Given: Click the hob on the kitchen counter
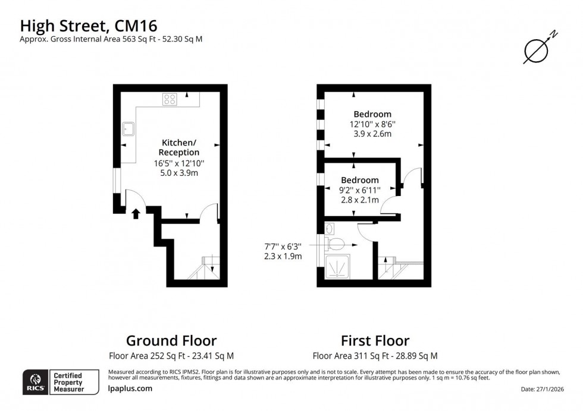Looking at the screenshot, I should click(x=170, y=99).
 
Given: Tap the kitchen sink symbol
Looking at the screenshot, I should click(x=127, y=129).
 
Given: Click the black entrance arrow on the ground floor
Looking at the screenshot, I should click(x=136, y=213).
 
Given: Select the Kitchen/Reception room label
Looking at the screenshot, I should click(x=178, y=147).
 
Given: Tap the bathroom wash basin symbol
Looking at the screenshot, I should click(x=330, y=227).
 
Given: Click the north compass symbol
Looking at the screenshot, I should click(x=536, y=50).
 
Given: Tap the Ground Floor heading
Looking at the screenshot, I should click(x=171, y=341).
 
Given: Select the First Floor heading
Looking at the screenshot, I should click(x=375, y=341).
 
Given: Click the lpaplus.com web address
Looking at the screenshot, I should click(x=130, y=388).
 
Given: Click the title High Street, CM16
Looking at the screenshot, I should click(x=89, y=26).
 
